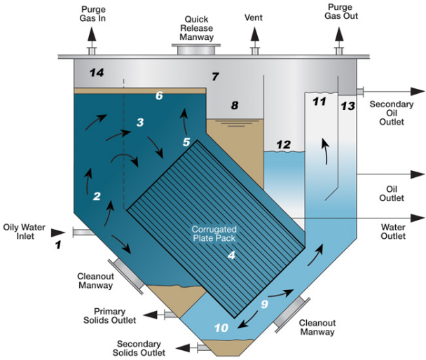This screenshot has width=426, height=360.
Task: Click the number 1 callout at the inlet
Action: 59,244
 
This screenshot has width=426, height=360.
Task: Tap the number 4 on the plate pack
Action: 231,256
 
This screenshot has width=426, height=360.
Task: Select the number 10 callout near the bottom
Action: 221,328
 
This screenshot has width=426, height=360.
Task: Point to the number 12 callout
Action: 283,145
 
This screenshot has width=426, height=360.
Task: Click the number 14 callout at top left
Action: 95,72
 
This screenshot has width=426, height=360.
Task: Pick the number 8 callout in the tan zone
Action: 235,106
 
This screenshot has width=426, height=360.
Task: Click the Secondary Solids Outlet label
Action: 140,348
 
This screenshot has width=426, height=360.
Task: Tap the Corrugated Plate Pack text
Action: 216,233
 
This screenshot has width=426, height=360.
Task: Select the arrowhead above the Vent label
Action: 254,33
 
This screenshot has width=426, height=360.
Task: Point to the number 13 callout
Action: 348,106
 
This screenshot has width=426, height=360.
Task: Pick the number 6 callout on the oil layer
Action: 159,95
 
